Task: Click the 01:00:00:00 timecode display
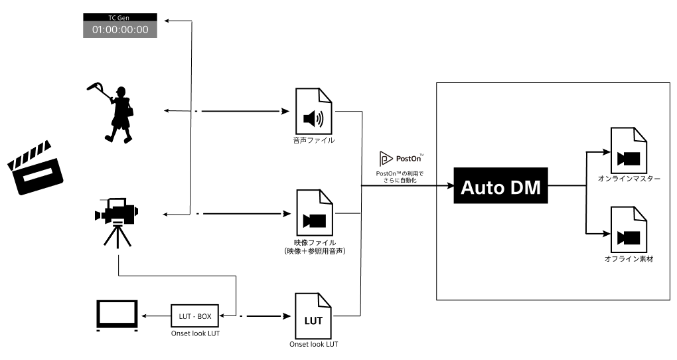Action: click(x=120, y=29)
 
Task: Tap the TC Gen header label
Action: click(x=120, y=17)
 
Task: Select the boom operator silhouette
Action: click(x=114, y=111)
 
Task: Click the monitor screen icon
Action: click(x=117, y=315)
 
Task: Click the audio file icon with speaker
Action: click(x=313, y=118)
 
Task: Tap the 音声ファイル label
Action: click(x=314, y=141)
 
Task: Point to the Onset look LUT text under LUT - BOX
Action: click(x=194, y=333)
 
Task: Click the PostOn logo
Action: click(x=402, y=159)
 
